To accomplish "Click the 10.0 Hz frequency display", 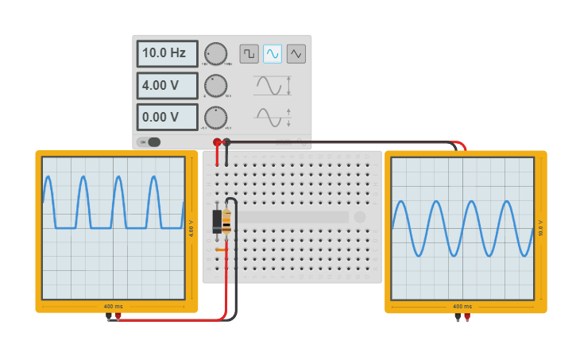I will coord(167,54).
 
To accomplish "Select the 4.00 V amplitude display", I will coord(167,86).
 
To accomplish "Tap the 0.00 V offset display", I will coord(167,117).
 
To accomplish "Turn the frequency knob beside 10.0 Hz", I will coord(215,53).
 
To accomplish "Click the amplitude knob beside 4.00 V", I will coord(215,85).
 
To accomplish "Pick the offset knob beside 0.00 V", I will coord(215,117).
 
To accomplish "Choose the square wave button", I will coord(249,53).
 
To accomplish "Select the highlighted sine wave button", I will coord(273,53).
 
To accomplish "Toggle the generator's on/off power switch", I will coord(149,142).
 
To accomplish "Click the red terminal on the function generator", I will coord(217,142).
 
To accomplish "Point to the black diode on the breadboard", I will coord(217,221).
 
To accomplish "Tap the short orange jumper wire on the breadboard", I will coord(221,250).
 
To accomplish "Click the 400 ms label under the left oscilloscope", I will coord(113,306).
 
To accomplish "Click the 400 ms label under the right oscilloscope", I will coord(462,306).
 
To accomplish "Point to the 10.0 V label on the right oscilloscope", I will coord(540,228).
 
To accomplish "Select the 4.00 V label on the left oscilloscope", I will coord(191,228).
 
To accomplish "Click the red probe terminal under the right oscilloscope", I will coord(466,316).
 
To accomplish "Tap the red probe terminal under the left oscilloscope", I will coord(118,316).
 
